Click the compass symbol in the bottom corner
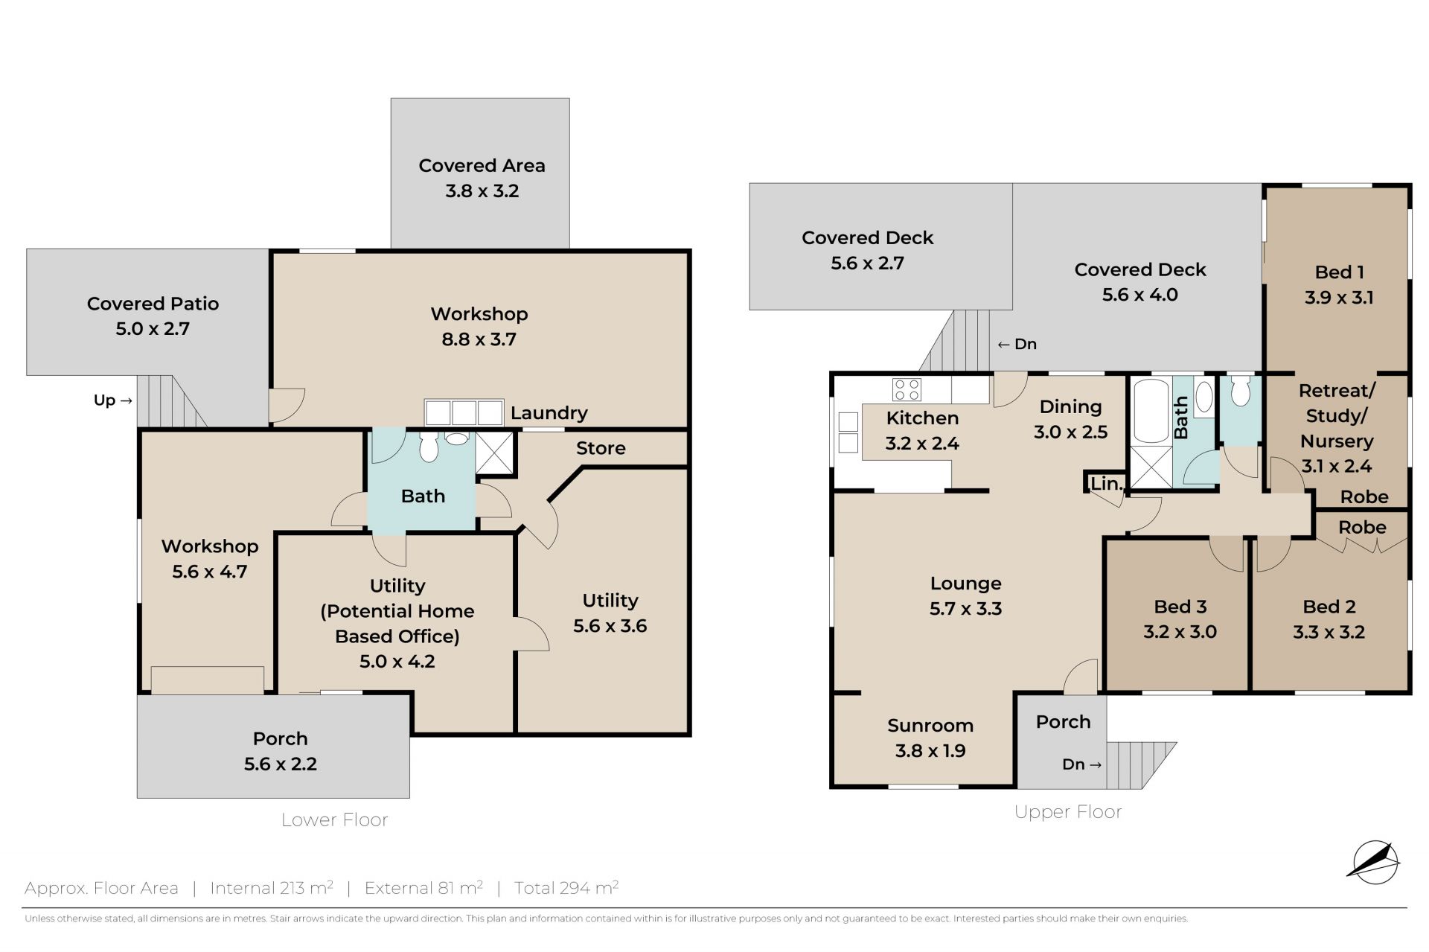tap(1373, 863)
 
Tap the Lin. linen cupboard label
tap(1106, 484)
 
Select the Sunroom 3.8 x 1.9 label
tap(930, 738)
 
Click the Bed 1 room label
tap(1339, 272)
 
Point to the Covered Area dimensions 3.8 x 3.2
tap(482, 191)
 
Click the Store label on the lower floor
tap(601, 448)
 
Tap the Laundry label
tap(549, 412)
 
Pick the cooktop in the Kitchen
tap(907, 389)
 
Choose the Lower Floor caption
tap(334, 820)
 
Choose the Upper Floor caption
tap(1068, 812)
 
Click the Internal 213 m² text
tap(272, 888)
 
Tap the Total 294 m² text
tap(566, 888)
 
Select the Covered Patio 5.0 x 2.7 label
tap(153, 316)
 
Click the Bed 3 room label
tap(1180, 607)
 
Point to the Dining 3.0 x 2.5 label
tap(1071, 419)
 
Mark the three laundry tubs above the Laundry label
tap(464, 412)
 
